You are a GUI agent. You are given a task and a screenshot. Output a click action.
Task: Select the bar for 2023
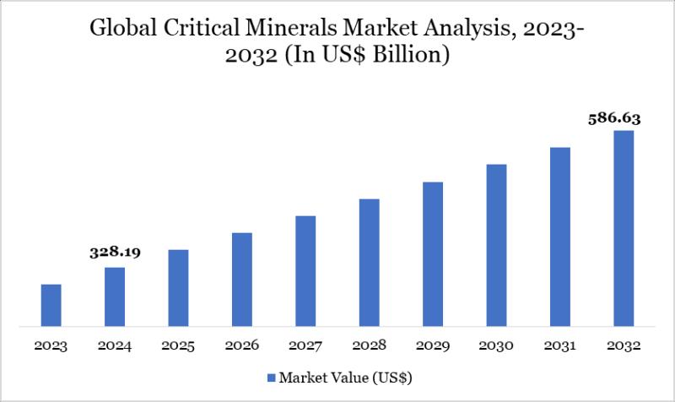(51, 305)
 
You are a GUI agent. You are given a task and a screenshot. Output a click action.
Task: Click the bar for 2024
(115, 296)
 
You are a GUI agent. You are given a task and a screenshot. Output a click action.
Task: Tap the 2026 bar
(242, 279)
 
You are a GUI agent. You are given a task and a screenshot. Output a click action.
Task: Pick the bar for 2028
(370, 262)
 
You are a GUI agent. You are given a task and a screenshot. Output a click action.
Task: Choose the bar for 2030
(496, 245)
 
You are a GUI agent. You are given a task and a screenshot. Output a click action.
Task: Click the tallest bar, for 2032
(624, 228)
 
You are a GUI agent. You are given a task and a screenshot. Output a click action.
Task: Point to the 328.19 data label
(115, 252)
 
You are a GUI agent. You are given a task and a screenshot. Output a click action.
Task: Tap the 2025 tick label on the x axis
(178, 346)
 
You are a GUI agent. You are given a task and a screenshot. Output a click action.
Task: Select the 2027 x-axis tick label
(305, 346)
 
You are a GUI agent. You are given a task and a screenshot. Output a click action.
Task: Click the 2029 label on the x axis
(433, 346)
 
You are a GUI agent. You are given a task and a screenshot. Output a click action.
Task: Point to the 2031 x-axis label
(560, 346)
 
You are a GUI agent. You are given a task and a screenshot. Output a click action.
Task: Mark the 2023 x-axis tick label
(51, 346)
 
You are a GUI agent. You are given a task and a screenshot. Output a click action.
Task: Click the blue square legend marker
(271, 376)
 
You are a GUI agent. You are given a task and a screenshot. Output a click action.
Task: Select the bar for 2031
(560, 236)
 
